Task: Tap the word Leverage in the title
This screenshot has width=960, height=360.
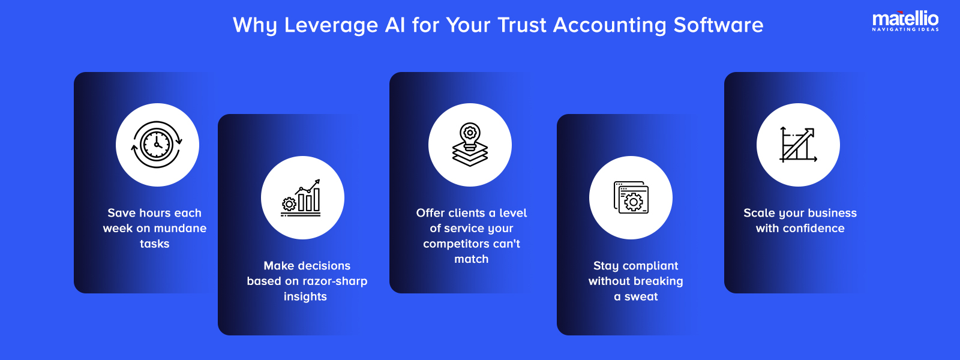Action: click(319, 25)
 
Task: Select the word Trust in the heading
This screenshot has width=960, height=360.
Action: click(522, 25)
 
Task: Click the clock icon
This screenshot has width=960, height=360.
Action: click(157, 145)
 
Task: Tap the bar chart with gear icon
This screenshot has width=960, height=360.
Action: click(302, 197)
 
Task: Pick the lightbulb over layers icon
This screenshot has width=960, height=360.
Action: click(470, 145)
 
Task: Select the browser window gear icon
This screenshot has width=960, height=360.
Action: click(631, 197)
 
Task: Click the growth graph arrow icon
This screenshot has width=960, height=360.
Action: click(798, 145)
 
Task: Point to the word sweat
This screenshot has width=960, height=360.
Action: click(641, 297)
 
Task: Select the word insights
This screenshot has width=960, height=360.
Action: click(305, 297)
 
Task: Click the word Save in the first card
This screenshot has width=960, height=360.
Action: click(122, 213)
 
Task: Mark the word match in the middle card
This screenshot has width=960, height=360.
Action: click(472, 259)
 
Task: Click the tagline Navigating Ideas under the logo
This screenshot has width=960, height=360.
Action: click(905, 29)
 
